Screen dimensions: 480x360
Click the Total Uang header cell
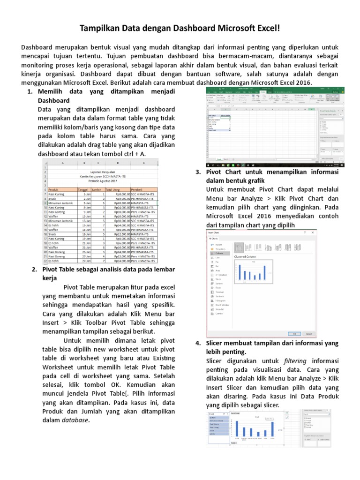click(113, 189)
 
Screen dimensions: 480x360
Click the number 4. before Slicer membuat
click(198, 343)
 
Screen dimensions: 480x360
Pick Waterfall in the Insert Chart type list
click(219, 309)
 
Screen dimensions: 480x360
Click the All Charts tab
click(214, 238)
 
